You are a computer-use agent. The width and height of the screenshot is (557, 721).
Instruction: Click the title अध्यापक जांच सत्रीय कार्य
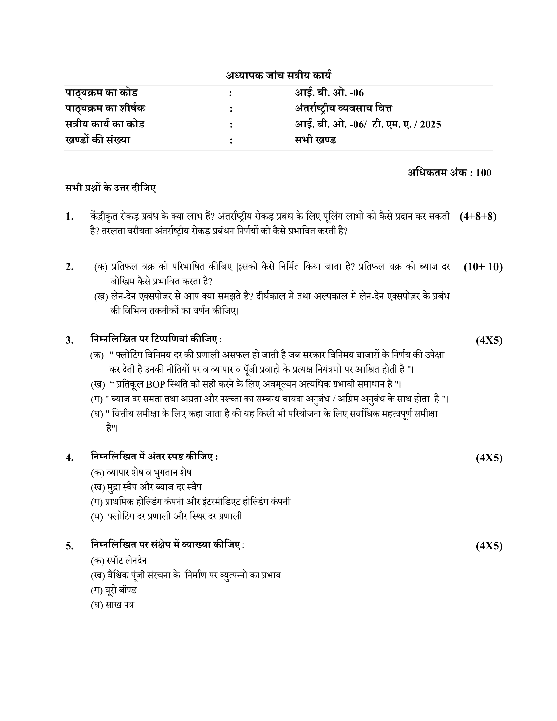click(x=278, y=76)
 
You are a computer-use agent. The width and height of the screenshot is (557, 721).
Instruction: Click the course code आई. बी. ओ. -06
click(x=329, y=93)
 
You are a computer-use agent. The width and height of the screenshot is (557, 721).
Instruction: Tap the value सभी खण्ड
click(x=315, y=140)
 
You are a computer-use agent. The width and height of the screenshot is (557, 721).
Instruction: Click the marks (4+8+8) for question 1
click(x=478, y=217)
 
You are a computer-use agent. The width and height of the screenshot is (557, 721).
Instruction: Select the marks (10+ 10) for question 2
click(x=483, y=267)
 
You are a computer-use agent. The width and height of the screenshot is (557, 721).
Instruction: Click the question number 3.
click(x=69, y=340)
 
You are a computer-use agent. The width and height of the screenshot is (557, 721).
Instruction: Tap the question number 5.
click(x=69, y=546)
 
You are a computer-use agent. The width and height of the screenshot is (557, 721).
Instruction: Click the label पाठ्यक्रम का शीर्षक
click(x=105, y=108)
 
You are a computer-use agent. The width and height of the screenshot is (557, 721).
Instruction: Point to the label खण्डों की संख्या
click(x=98, y=140)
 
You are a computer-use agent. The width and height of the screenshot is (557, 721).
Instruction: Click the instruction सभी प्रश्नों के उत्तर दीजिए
click(x=110, y=188)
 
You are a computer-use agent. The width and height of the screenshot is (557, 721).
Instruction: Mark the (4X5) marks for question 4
click(x=489, y=458)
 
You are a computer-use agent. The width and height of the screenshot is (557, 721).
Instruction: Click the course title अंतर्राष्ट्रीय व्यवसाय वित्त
click(x=343, y=108)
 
